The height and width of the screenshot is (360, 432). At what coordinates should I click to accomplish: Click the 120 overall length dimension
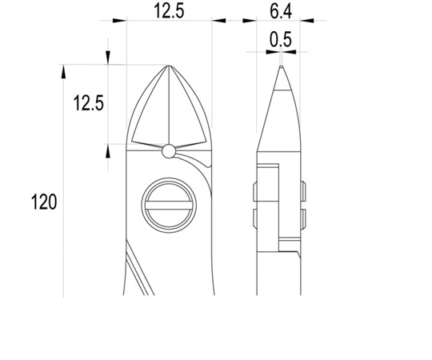point(44,202)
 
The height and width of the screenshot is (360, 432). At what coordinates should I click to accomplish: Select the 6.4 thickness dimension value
point(281,11)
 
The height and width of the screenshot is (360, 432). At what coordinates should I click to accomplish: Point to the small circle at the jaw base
point(169,151)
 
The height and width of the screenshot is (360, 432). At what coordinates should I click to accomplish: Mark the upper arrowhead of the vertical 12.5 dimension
point(108,57)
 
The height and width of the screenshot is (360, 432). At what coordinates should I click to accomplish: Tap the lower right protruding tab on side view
point(302,218)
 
